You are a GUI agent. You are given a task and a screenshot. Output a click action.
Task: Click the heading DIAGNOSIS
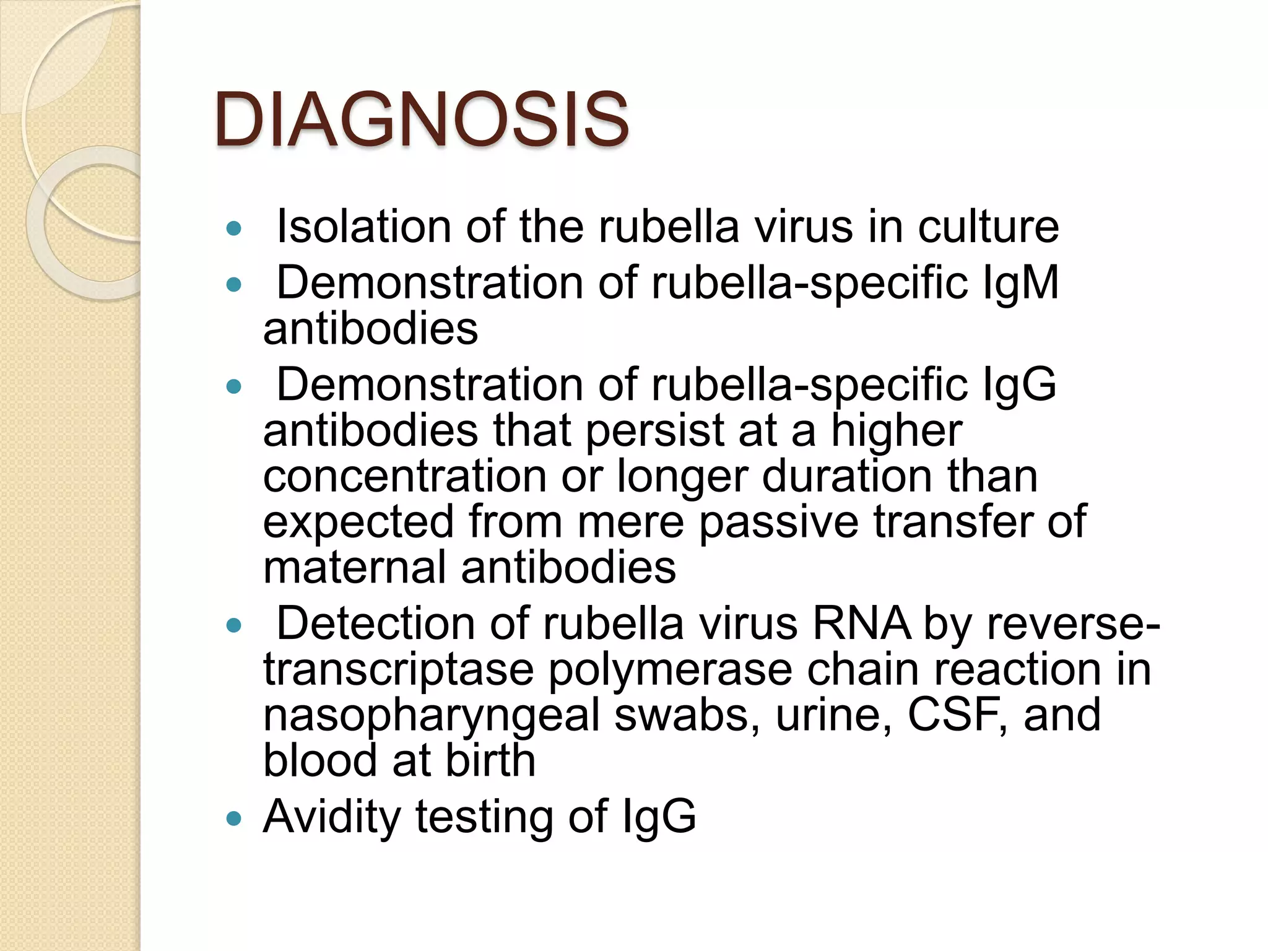[422, 119]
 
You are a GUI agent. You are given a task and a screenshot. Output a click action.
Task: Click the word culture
[988, 227]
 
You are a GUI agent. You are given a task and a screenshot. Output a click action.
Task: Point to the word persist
[654, 430]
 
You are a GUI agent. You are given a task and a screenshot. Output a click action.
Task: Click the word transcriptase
[398, 669]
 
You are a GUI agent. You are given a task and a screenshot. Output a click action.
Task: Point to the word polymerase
[670, 669]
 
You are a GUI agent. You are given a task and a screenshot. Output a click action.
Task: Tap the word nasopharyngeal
[432, 715]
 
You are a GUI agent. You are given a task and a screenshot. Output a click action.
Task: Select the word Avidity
[332, 817]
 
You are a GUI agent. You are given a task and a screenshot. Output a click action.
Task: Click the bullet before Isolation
[234, 229]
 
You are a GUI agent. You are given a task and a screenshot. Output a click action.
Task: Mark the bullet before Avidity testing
[234, 819]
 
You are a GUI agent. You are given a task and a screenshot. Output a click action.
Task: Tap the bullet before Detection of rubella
[234, 626]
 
